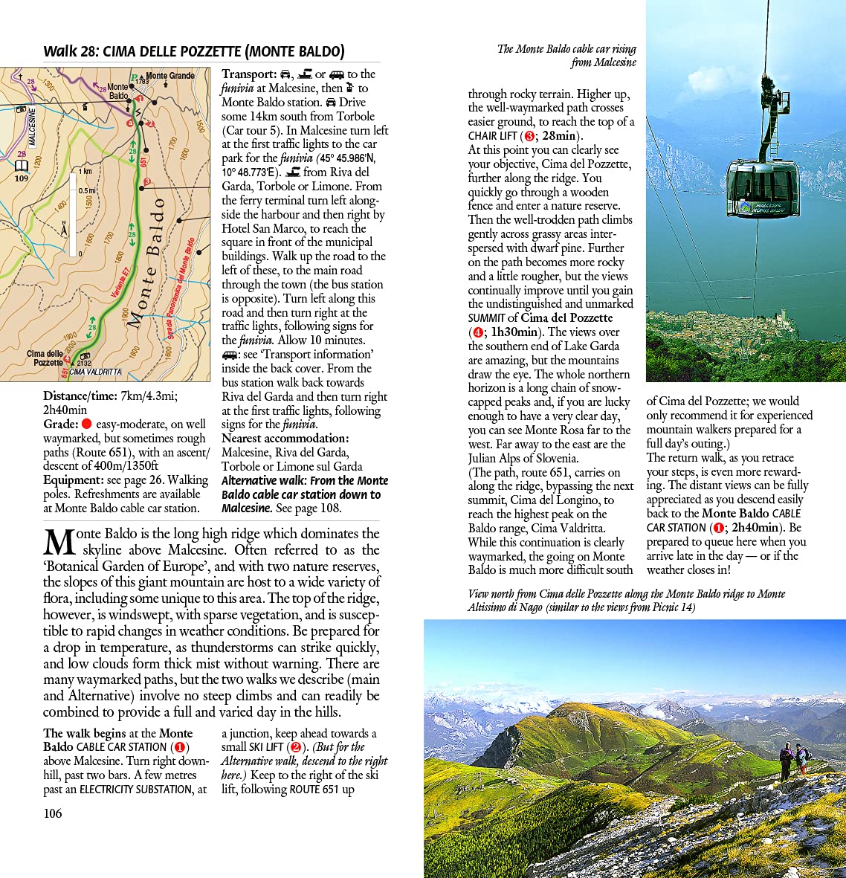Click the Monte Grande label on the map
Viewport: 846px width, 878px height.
pyautogui.click(x=170, y=75)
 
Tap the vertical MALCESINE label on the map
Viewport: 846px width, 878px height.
pyautogui.click(x=32, y=128)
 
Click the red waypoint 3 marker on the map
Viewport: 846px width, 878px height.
pyautogui.click(x=147, y=181)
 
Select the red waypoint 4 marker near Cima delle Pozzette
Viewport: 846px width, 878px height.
pyautogui.click(x=67, y=359)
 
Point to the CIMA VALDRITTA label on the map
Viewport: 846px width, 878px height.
pyautogui.click(x=95, y=372)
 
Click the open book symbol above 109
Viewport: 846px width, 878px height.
pyautogui.click(x=22, y=165)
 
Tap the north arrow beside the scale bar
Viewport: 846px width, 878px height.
pyautogui.click(x=64, y=227)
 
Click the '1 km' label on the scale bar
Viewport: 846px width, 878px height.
pyautogui.click(x=85, y=172)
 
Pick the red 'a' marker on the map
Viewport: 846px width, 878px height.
pyautogui.click(x=130, y=123)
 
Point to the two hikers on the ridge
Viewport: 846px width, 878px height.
pyautogui.click(x=793, y=760)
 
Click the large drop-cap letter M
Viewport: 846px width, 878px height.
pyautogui.click(x=59, y=542)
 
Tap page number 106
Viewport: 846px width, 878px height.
pyautogui.click(x=53, y=813)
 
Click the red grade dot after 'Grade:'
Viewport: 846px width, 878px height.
pyautogui.click(x=86, y=424)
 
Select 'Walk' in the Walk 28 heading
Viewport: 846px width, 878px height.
pyautogui.click(x=60, y=51)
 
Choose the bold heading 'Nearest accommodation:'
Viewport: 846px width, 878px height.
pyautogui.click(x=285, y=438)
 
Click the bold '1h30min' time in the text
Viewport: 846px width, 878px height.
pyautogui.click(x=514, y=332)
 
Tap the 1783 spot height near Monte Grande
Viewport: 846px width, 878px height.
pyautogui.click(x=142, y=82)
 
